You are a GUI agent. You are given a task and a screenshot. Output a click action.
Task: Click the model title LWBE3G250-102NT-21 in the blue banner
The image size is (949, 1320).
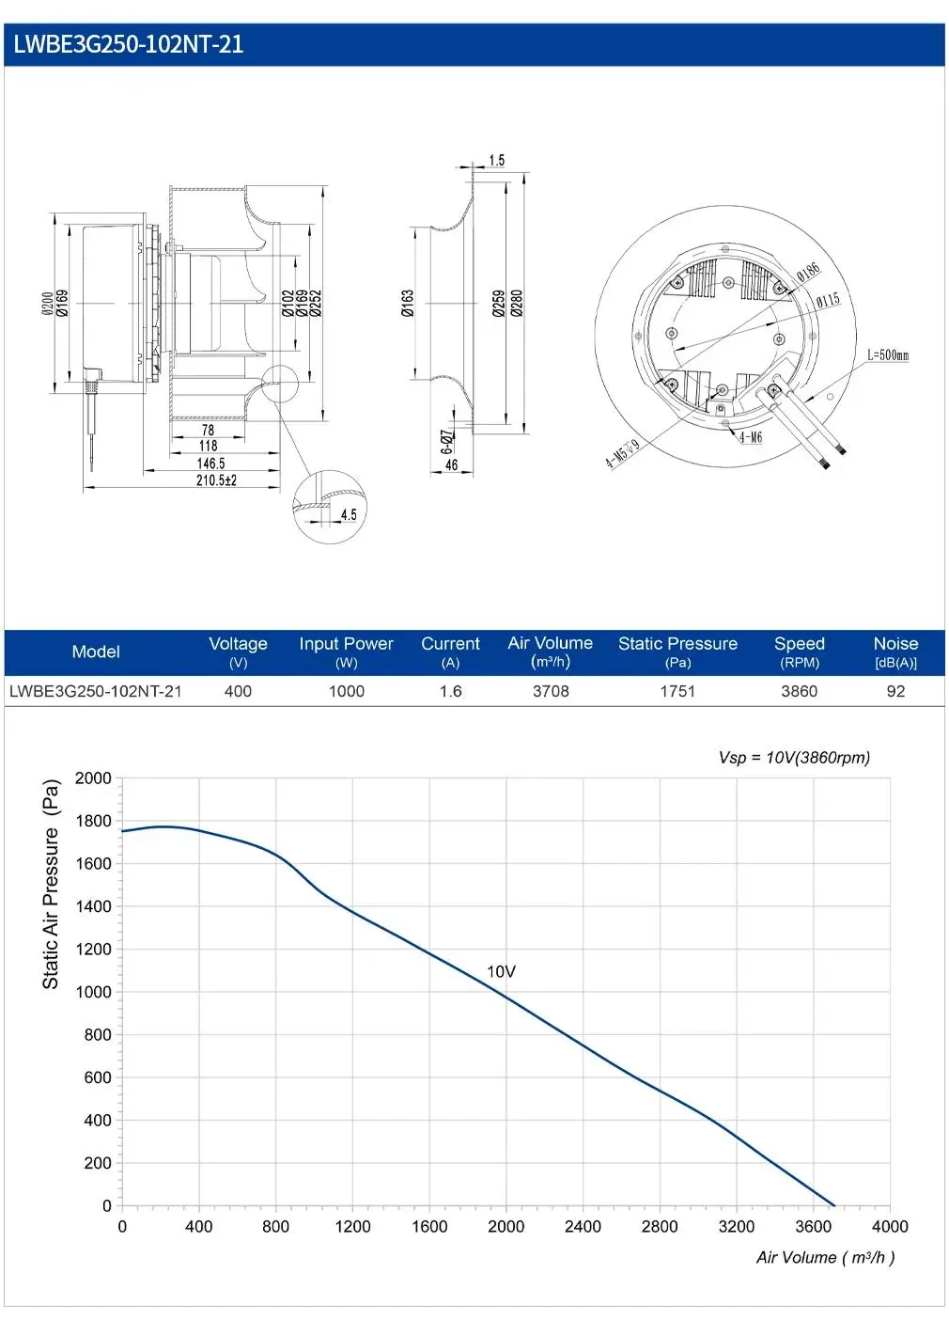click(129, 45)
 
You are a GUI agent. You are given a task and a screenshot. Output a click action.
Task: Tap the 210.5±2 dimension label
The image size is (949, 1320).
click(216, 480)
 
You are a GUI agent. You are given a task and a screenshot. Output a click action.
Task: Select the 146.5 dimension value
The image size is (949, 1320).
click(210, 464)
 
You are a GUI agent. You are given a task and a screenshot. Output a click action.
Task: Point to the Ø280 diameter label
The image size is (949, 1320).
click(517, 304)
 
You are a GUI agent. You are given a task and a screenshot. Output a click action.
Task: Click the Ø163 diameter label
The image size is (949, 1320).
click(408, 304)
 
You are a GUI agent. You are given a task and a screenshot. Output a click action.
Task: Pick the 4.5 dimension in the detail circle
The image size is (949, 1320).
click(349, 514)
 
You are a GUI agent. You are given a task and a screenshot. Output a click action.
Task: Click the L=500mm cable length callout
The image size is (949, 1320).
click(888, 354)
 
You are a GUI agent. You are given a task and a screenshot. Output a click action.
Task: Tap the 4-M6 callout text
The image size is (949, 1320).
click(751, 436)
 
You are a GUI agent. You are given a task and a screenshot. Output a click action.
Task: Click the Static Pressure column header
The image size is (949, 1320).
click(677, 643)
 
